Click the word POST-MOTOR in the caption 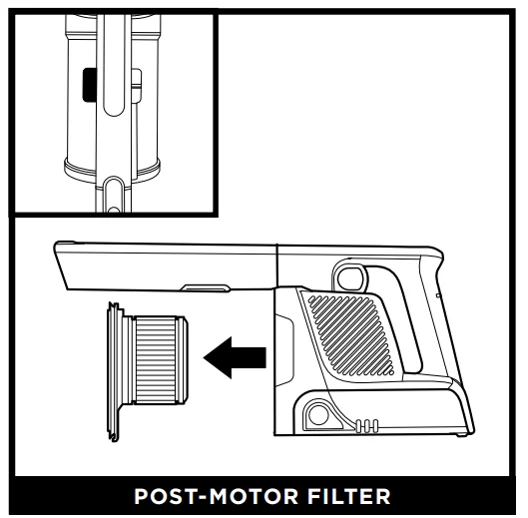pyautogui.click(x=216, y=496)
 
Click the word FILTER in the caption pyautogui.click(x=348, y=496)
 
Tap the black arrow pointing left pyautogui.click(x=235, y=357)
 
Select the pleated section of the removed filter pyautogui.click(x=156, y=359)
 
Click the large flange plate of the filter pyautogui.click(x=114, y=370)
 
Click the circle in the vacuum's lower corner pyautogui.click(x=318, y=414)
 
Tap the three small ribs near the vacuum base pyautogui.click(x=367, y=426)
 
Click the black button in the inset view pyautogui.click(x=90, y=85)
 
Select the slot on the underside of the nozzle pyautogui.click(x=206, y=287)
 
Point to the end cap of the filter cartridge pyautogui.click(x=183, y=359)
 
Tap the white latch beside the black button pyautogui.click(x=137, y=86)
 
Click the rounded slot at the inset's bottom pyautogui.click(x=115, y=195)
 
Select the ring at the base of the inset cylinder pyautogui.click(x=112, y=171)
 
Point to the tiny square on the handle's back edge pyautogui.click(x=438, y=295)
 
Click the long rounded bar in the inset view pyautogui.click(x=114, y=66)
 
